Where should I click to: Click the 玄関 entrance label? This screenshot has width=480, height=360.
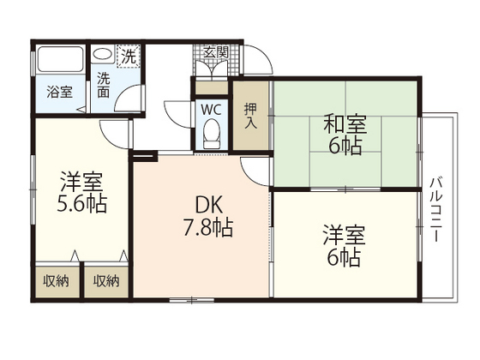click(x=215, y=51)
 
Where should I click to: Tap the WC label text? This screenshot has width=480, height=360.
click(x=211, y=109)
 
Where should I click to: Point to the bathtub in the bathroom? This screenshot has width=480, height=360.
click(x=60, y=59)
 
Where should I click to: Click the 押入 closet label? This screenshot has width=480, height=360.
click(x=250, y=115)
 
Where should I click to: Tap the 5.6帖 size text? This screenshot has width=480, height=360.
click(x=82, y=206)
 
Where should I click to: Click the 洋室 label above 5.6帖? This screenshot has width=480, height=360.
click(x=82, y=183)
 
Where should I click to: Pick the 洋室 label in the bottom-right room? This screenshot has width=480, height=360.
click(x=345, y=232)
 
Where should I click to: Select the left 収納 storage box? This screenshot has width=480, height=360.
click(x=56, y=280)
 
